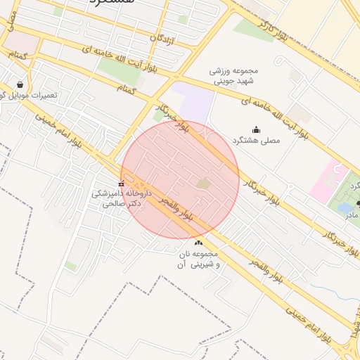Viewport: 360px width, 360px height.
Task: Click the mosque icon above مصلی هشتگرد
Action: tap(255, 129)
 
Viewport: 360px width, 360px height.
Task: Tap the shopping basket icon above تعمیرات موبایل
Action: tap(28, 83)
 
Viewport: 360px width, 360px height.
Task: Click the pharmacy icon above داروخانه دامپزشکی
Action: tap(120, 185)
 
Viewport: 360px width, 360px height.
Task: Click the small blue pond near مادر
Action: tap(346, 207)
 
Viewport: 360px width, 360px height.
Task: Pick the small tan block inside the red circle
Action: tap(203, 184)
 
